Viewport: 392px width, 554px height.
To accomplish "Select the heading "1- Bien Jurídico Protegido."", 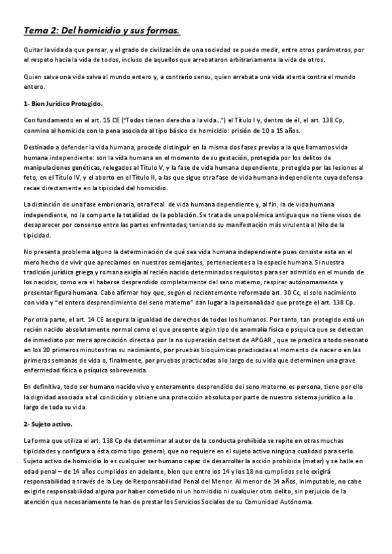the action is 63,104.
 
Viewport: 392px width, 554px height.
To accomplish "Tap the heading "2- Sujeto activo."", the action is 49,424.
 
